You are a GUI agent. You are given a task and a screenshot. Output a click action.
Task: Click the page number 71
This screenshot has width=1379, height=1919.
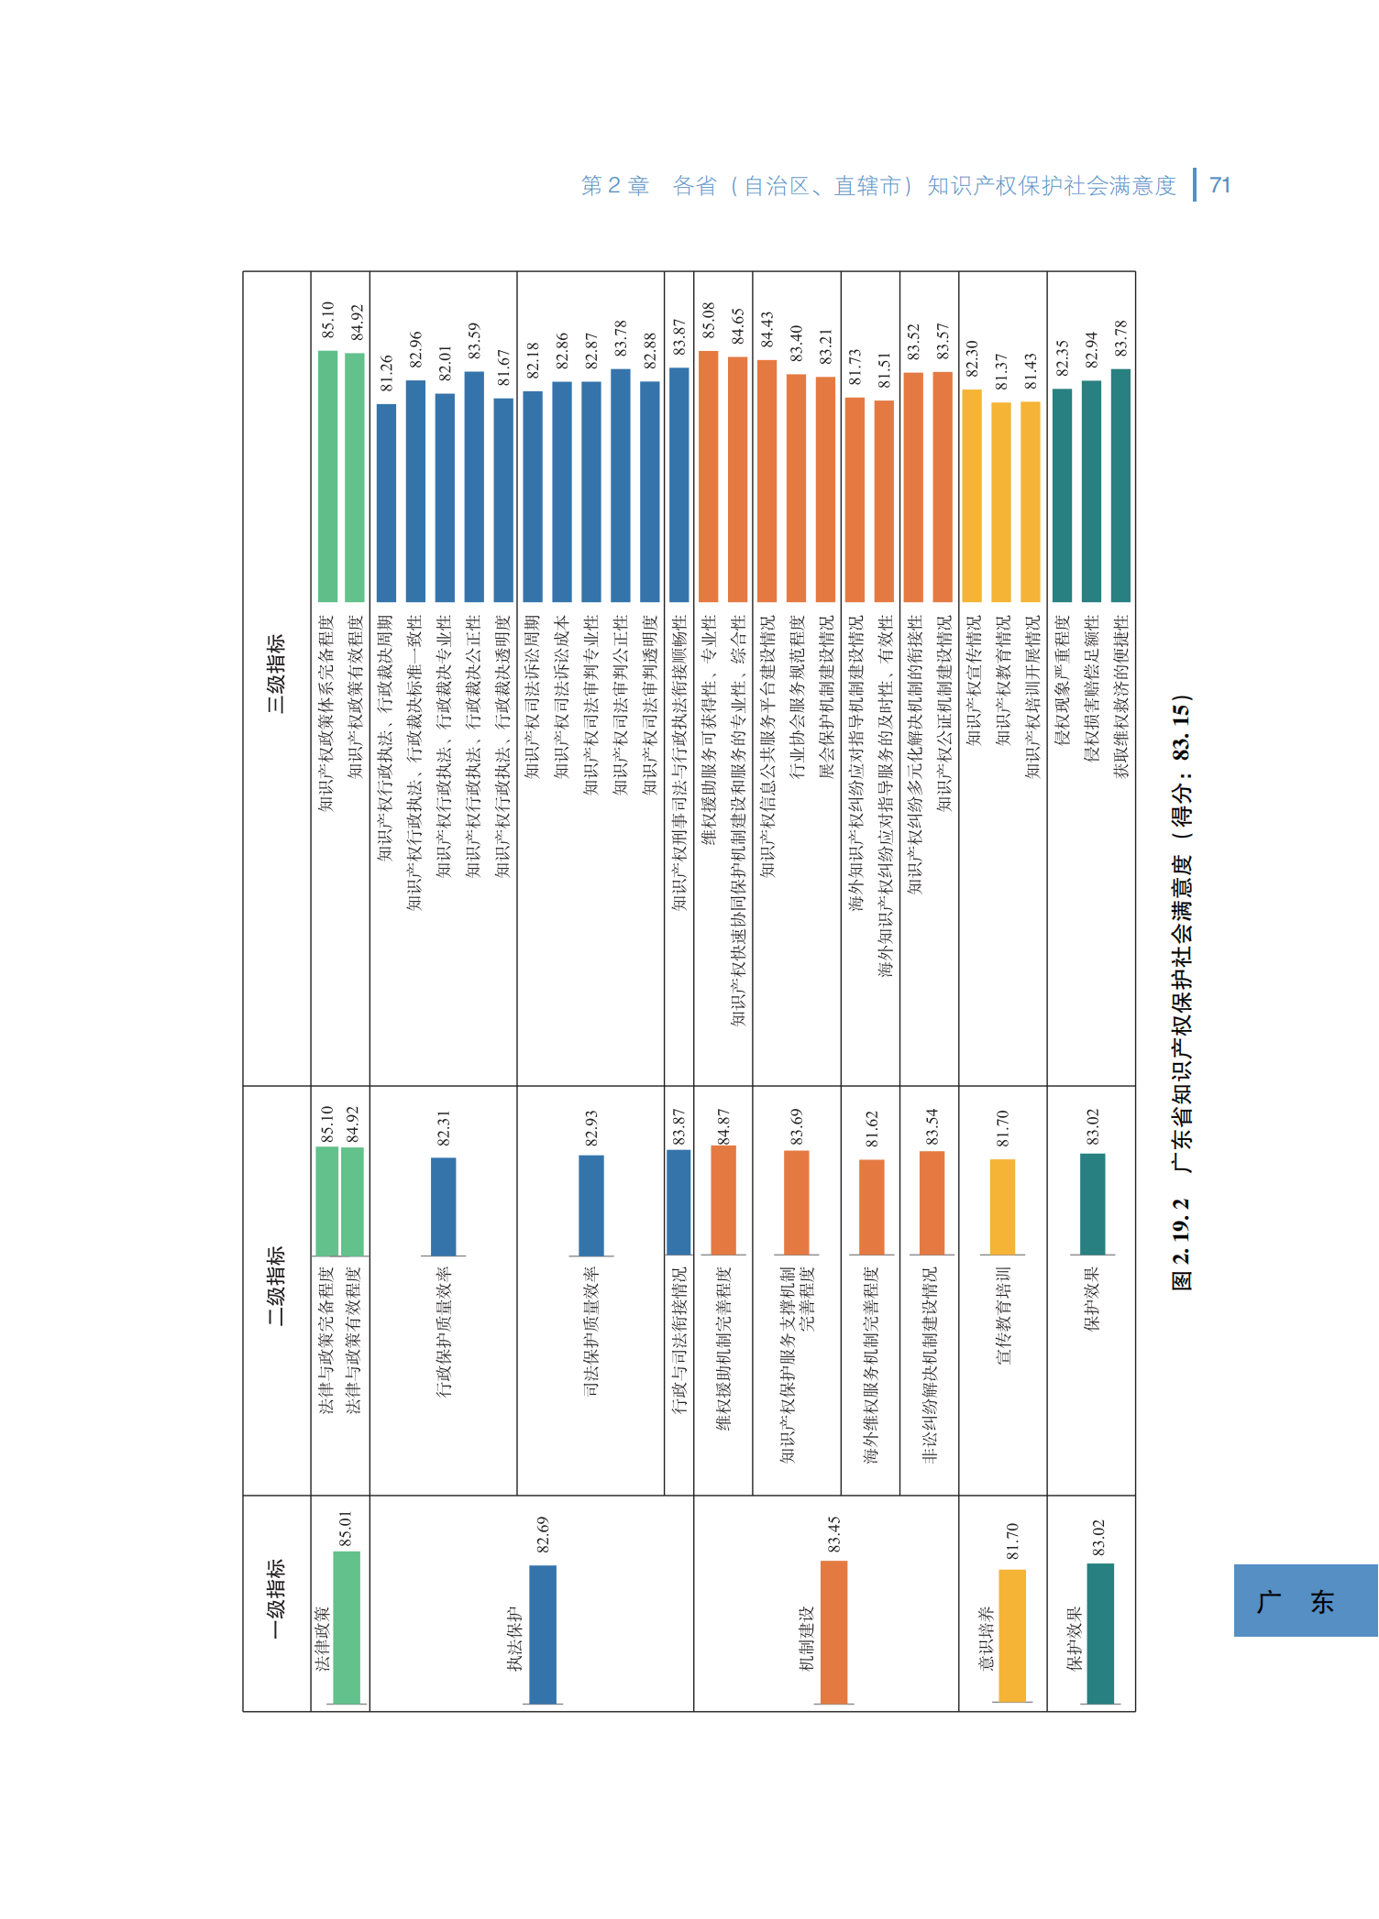(1219, 185)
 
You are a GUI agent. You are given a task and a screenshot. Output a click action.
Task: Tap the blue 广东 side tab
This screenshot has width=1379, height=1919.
(1305, 1600)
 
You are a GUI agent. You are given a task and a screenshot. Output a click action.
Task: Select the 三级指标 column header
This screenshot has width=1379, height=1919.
(276, 674)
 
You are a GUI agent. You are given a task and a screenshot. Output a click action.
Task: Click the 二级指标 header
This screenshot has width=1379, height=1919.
(276, 1285)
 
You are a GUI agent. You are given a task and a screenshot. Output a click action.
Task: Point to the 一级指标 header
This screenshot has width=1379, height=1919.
(276, 1600)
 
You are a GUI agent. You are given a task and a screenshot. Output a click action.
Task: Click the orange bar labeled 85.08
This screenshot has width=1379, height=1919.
(708, 477)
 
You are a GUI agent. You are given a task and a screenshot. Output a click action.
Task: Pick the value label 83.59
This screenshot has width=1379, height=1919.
(474, 341)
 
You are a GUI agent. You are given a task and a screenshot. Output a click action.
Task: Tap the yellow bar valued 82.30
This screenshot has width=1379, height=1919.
(972, 495)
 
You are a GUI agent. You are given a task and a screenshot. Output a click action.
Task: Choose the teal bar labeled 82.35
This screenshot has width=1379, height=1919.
(1062, 495)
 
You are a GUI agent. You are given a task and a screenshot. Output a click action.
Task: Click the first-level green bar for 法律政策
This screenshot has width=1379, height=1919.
(346, 1628)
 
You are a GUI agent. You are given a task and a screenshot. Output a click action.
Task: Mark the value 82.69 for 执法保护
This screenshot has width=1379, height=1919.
(543, 1534)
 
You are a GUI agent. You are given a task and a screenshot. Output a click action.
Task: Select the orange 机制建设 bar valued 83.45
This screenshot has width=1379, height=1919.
(833, 1631)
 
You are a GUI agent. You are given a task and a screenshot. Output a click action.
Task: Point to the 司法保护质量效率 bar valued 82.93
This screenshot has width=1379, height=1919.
(591, 1205)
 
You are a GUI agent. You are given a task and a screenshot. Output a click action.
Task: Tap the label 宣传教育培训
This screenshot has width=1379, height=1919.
(1003, 1315)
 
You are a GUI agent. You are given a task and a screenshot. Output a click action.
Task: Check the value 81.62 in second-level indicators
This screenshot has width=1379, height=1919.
(872, 1129)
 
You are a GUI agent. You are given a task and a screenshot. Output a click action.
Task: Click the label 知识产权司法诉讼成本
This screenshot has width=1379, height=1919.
(562, 696)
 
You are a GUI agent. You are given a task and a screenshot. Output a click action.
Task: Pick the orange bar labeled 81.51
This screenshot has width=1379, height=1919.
(884, 500)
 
